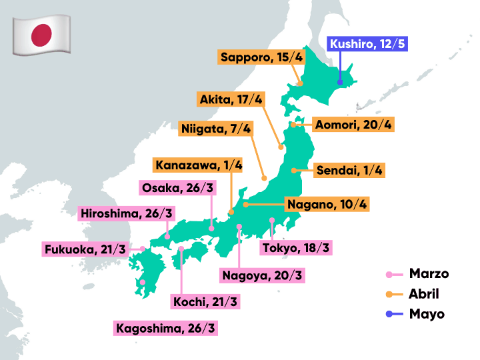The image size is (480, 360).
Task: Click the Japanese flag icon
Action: pyautogui.click(x=41, y=35)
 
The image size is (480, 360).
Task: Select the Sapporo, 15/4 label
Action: pyautogui.click(x=261, y=57)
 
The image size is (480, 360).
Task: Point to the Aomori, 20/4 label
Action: pyautogui.click(x=353, y=125)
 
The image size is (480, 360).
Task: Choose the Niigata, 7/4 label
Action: pyautogui.click(x=215, y=128)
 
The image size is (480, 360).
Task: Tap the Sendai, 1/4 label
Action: pyautogui.click(x=350, y=170)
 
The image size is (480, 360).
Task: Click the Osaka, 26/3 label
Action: pyautogui.click(x=178, y=187)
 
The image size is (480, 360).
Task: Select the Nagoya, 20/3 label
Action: pyautogui.click(x=262, y=275)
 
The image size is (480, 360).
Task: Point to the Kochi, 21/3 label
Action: pyautogui.click(x=205, y=302)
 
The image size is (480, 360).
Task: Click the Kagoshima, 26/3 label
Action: pyautogui.click(x=166, y=328)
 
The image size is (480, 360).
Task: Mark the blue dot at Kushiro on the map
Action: pyautogui.click(x=340, y=83)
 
